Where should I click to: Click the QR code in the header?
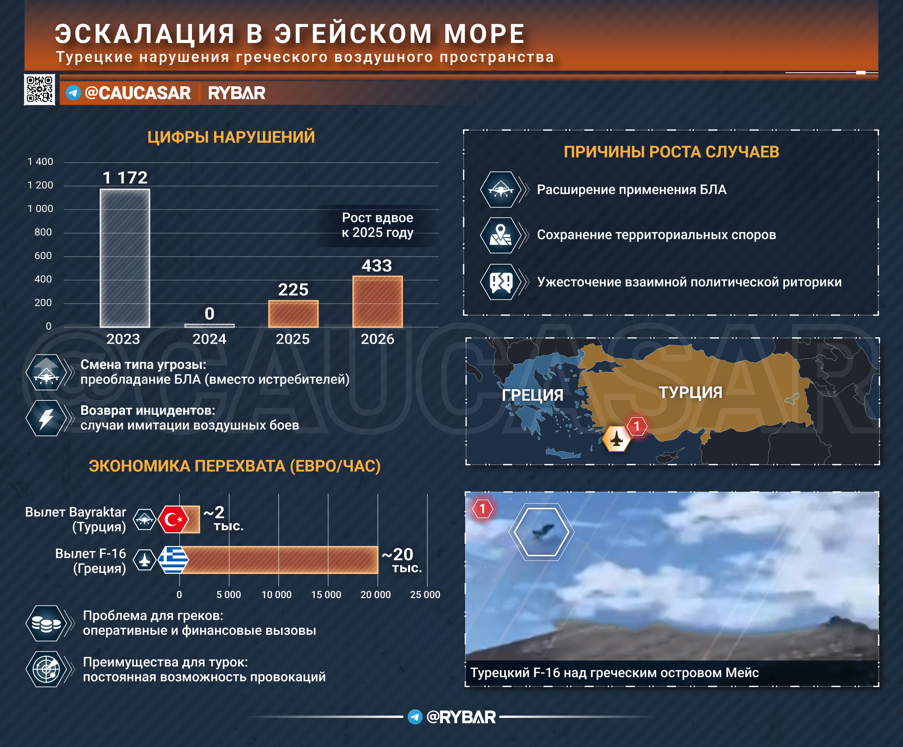tap(40, 89)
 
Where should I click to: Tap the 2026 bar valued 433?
tap(378, 301)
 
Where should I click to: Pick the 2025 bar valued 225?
tap(293, 314)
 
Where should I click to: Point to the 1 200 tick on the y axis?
tap(40, 185)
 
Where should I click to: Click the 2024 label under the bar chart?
tap(209, 339)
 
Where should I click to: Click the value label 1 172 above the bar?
tap(125, 177)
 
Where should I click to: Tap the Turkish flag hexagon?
tap(173, 519)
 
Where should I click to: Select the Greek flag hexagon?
tap(173, 560)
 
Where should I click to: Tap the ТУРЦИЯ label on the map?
tap(691, 392)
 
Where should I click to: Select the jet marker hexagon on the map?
tap(617, 438)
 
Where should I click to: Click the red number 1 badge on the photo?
tap(482, 508)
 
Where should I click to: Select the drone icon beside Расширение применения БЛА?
tap(501, 189)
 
